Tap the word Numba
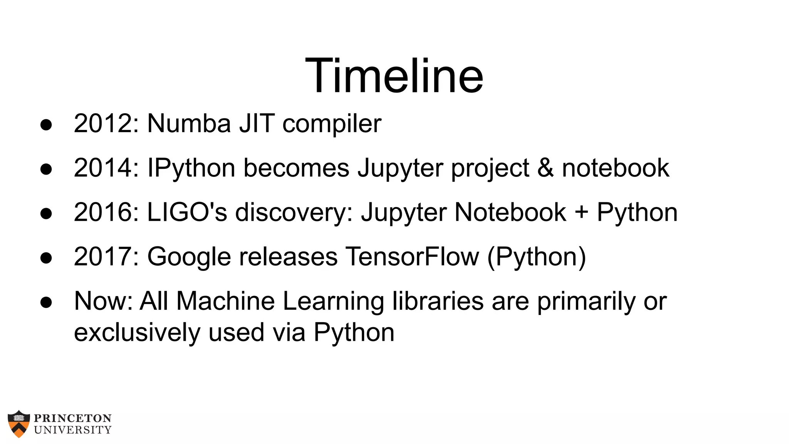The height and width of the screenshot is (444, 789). point(189,124)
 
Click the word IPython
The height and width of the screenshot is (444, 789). point(191,169)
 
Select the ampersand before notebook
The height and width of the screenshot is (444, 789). point(546,168)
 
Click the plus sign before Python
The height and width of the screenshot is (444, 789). point(581,213)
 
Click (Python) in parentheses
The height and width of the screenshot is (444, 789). point(537,257)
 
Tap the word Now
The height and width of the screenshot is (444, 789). point(101,301)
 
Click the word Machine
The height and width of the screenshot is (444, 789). point(225,301)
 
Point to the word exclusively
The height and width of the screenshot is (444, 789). point(137,333)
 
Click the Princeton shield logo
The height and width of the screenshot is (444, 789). point(18,424)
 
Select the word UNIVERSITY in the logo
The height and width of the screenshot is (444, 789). point(73,430)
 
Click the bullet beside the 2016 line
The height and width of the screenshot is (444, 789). point(46,214)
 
